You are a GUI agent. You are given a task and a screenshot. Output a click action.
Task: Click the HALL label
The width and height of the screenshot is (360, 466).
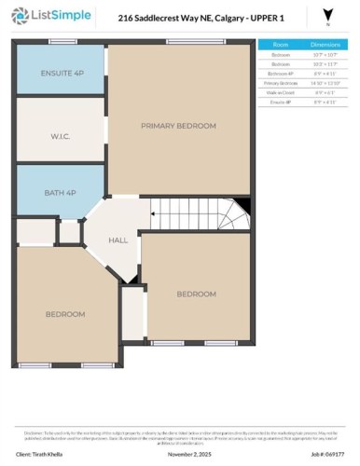coord(118,240)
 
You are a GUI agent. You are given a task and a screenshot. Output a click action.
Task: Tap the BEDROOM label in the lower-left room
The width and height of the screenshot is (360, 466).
coord(65,314)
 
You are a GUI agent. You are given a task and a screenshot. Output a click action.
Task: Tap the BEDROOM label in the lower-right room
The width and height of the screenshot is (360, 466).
coord(197,294)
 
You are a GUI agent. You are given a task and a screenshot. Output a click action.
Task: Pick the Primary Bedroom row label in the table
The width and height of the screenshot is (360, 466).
coord(281,83)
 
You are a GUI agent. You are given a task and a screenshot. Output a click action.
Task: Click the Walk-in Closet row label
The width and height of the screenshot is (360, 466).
coord(281,92)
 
